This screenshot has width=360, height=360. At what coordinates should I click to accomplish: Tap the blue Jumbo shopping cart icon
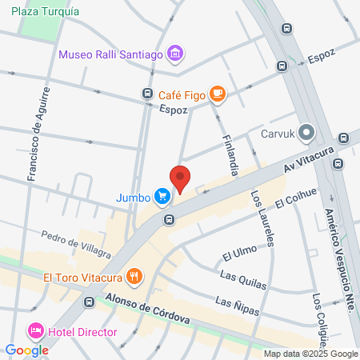point(162,195)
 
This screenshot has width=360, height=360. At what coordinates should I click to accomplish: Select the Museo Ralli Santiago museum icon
point(176,54)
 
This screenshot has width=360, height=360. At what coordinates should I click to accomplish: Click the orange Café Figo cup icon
point(217,95)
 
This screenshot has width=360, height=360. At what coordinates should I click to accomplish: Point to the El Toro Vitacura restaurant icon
point(134,278)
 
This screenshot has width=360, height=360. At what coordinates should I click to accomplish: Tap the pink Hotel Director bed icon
point(36,330)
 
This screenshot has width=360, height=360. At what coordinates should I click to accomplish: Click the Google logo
point(26,350)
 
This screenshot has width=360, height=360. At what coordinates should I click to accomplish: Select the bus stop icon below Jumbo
point(169,219)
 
